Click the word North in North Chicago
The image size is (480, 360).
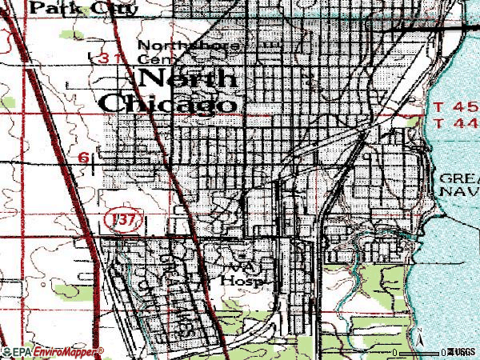(189, 78)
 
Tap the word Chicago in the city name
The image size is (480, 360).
(169, 103)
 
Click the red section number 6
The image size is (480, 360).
(84, 158)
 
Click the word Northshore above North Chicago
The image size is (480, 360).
(188, 46)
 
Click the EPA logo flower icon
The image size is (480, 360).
(7, 351)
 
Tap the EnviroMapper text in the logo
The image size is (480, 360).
(64, 351)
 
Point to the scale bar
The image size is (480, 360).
(421, 352)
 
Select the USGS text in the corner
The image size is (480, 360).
(462, 352)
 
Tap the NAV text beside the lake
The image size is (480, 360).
(458, 192)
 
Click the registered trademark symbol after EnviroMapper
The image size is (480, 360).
(101, 350)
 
